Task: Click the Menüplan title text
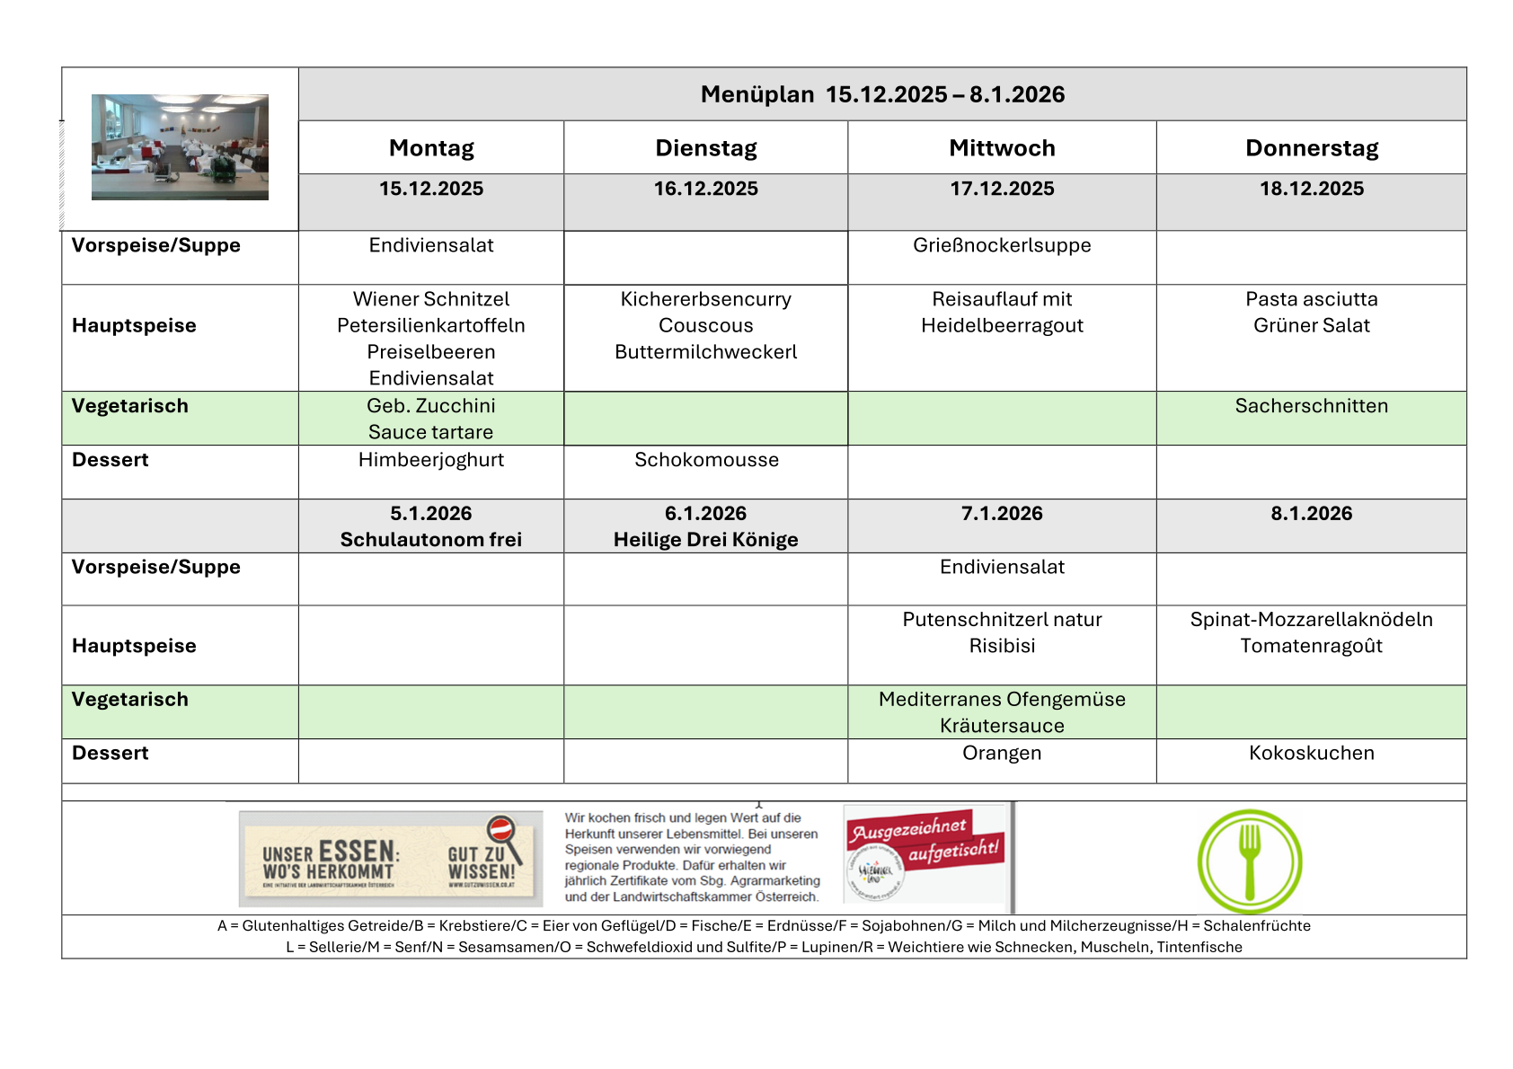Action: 882,94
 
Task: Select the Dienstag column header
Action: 706,148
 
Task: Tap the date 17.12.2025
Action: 1002,189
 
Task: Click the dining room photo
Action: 180,146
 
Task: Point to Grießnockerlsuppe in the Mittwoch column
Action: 1002,245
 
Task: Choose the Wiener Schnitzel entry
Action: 431,299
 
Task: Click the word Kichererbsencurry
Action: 706,299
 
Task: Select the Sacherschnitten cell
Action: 1311,406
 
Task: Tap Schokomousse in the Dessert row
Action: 706,460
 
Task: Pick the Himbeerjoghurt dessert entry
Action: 431,460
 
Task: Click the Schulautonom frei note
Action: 431,540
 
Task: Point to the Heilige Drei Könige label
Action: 706,540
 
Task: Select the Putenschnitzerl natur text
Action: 1002,620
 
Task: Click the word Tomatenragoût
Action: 1311,646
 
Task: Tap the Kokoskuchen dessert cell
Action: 1311,753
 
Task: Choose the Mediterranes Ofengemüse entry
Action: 1002,700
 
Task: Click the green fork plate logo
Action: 1250,861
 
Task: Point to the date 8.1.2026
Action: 1311,514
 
